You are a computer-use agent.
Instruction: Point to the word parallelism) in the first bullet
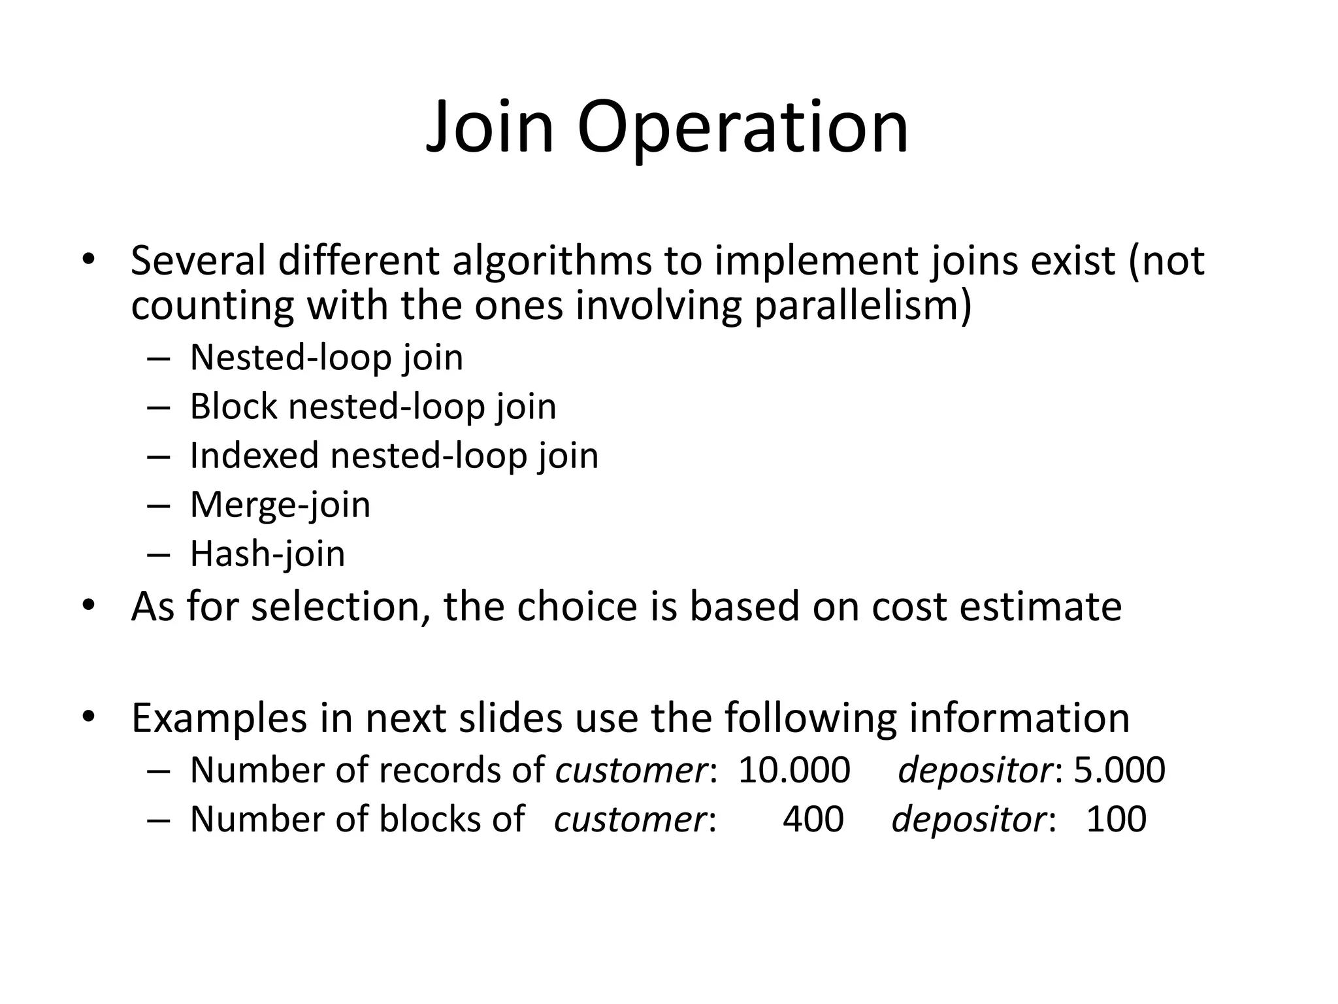(x=863, y=305)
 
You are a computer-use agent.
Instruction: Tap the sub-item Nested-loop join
(x=326, y=358)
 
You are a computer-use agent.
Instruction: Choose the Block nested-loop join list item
(x=372, y=407)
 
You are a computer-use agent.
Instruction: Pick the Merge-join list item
(x=280, y=505)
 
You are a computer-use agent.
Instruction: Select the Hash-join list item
(x=267, y=554)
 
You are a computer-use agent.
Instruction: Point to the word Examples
(x=219, y=718)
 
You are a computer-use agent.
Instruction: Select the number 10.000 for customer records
(x=794, y=770)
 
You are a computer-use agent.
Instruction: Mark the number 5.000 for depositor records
(x=1120, y=770)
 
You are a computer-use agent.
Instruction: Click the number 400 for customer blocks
(x=813, y=819)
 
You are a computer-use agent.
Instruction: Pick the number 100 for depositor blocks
(x=1116, y=819)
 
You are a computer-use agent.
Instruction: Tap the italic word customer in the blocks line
(x=630, y=819)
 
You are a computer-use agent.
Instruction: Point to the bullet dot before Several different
(x=88, y=259)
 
